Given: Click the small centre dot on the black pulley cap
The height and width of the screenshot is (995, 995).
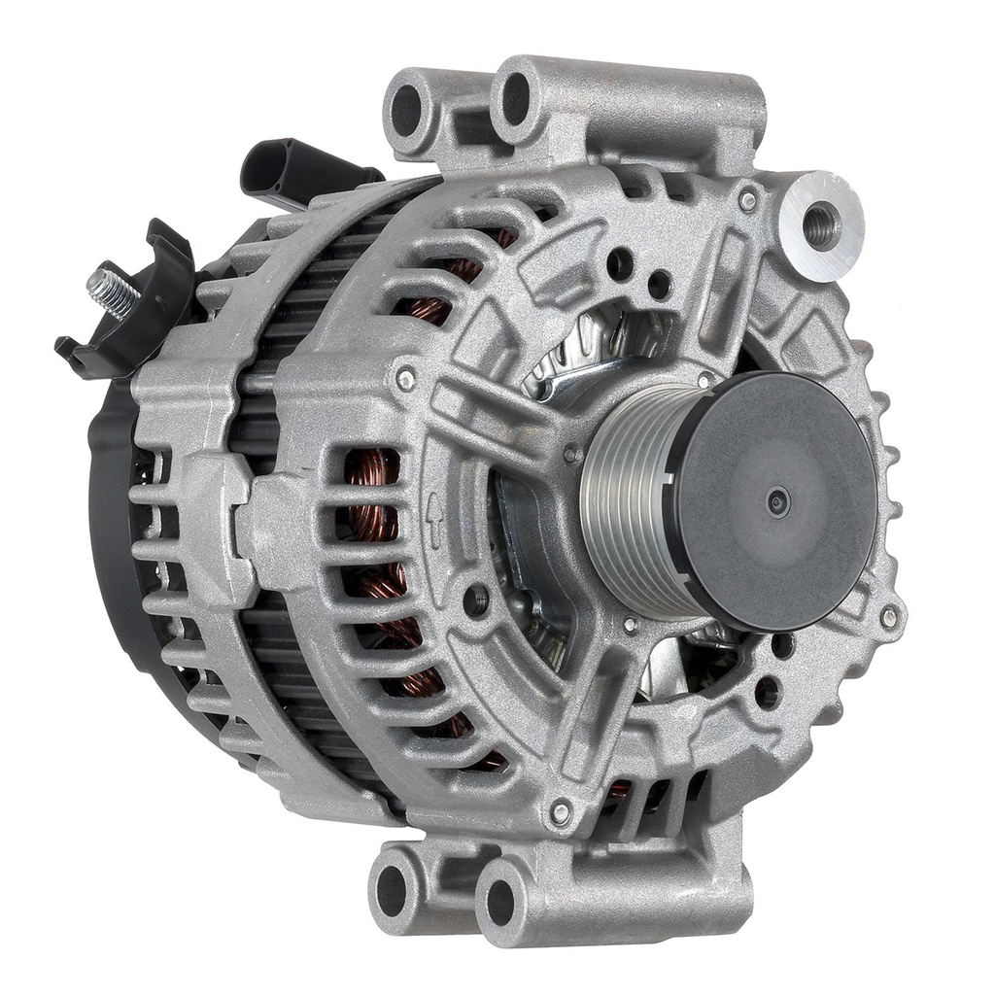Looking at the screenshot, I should pos(776,501).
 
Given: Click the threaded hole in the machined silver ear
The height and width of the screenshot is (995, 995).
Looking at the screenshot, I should pos(821,224).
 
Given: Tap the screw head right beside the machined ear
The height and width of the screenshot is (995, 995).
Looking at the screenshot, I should pos(747,201).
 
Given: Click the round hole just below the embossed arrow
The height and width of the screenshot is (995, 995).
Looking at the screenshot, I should pos(475,600).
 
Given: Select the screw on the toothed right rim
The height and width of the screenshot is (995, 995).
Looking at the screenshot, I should pos(888,616).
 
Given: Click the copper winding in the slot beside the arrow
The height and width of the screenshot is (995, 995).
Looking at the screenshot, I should pos(374,515).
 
